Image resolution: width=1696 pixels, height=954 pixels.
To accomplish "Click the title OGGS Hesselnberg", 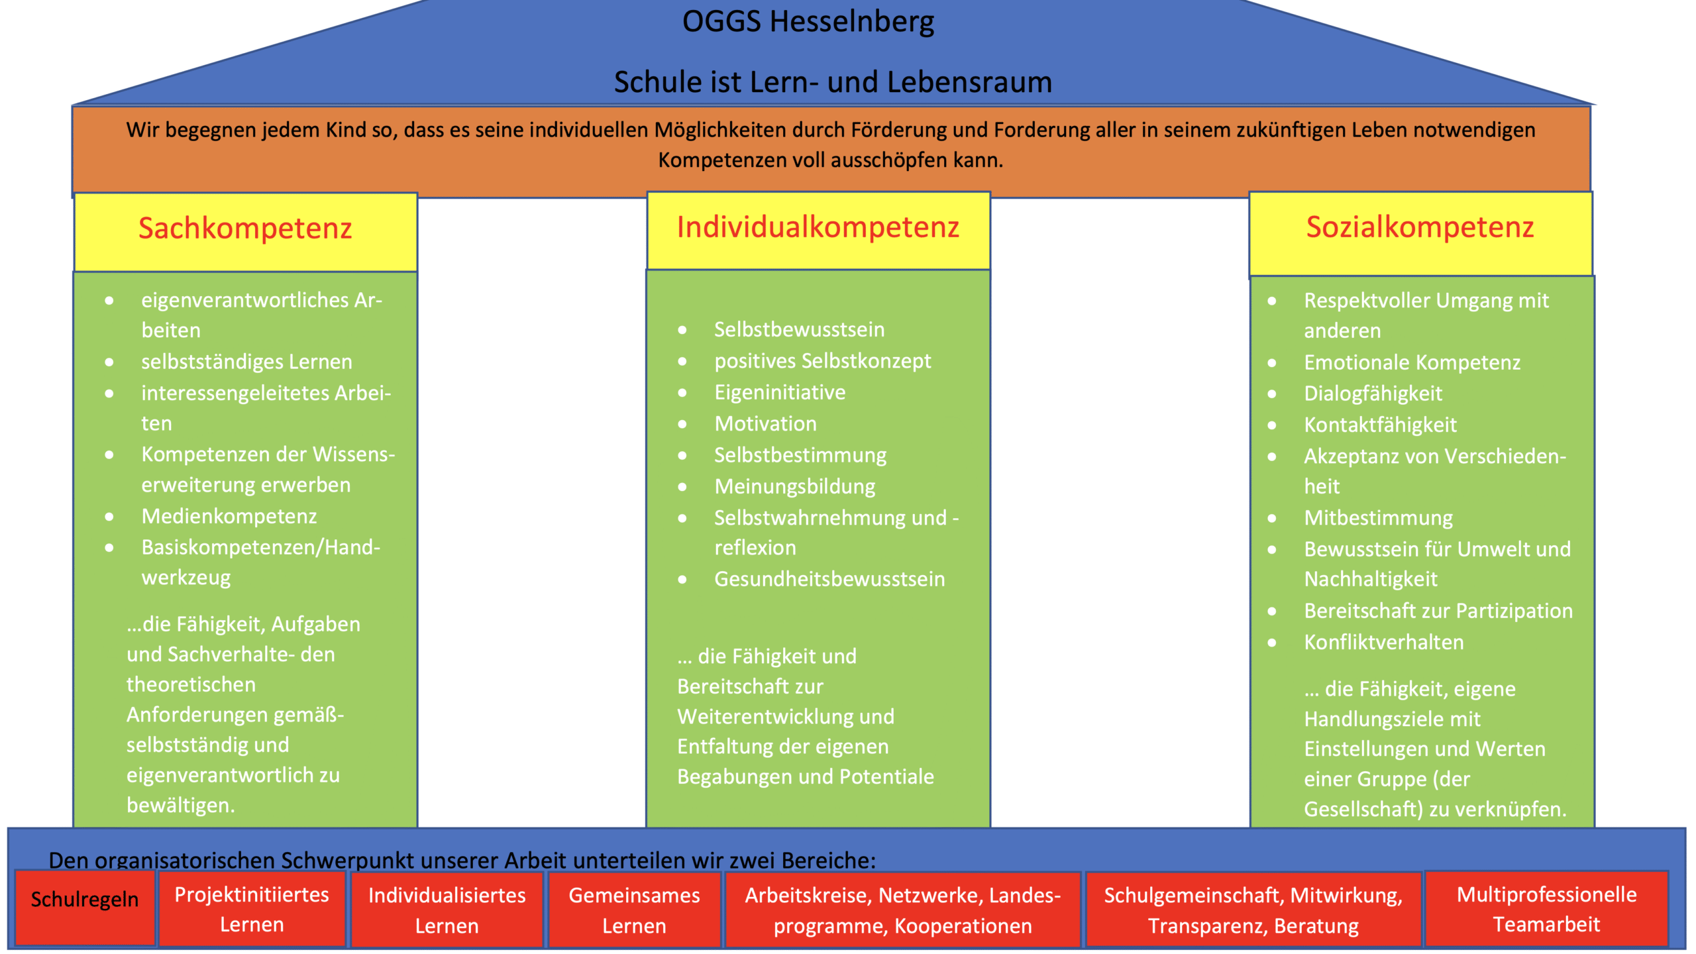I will click(x=808, y=22).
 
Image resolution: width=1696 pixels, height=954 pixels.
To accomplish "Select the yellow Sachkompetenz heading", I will click(x=245, y=229).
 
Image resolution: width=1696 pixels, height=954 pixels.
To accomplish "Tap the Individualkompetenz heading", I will click(x=818, y=228).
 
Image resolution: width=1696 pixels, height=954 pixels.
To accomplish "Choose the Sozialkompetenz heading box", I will click(x=1420, y=228).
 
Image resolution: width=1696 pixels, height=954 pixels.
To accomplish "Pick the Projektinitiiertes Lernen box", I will click(x=252, y=910).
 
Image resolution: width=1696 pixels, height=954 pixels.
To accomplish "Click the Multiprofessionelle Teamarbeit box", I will click(x=1546, y=910).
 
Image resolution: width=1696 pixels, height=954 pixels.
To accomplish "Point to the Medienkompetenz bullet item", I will click(x=229, y=516).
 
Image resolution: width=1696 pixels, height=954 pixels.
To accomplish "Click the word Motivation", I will click(x=765, y=424).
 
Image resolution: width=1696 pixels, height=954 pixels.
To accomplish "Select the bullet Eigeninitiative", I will click(x=780, y=393).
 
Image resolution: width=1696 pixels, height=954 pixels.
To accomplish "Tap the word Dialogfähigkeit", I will click(x=1373, y=394).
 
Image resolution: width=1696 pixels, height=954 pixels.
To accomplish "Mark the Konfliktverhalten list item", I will click(x=1383, y=643).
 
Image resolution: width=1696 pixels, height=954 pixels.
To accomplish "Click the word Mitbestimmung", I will click(x=1378, y=518).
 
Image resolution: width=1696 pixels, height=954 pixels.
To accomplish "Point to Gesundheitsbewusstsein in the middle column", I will click(x=829, y=580).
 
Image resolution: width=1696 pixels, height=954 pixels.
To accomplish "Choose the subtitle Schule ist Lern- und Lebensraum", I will click(x=833, y=83).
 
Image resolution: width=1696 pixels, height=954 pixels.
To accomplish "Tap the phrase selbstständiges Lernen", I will click(x=246, y=362).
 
